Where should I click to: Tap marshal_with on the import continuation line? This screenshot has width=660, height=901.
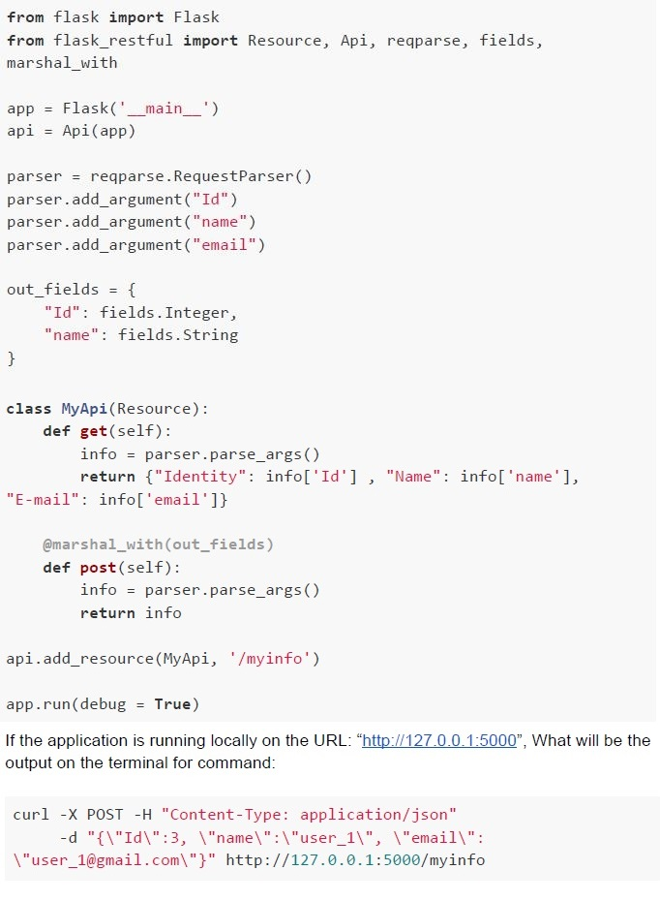pos(62,63)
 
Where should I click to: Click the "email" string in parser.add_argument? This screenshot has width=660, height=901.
pos(225,245)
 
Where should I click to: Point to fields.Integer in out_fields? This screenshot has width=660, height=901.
pos(165,313)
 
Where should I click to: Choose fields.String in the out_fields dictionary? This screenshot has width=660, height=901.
pos(178,335)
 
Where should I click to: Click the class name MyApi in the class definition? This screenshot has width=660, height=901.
pos(84,409)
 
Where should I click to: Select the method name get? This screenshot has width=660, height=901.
pos(94,431)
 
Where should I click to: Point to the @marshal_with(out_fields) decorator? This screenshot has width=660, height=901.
pos(158,544)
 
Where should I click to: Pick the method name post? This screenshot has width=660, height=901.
pos(98,568)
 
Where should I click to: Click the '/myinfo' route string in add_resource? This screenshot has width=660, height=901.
pos(270,658)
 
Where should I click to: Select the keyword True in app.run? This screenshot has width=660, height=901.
pos(172,704)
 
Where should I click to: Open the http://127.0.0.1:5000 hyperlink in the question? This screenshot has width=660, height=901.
pos(439,740)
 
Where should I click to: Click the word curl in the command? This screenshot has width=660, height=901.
pos(31,814)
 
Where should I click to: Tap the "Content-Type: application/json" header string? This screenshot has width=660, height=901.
pos(309,815)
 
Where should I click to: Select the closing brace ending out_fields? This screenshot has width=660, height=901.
pos(11,358)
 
